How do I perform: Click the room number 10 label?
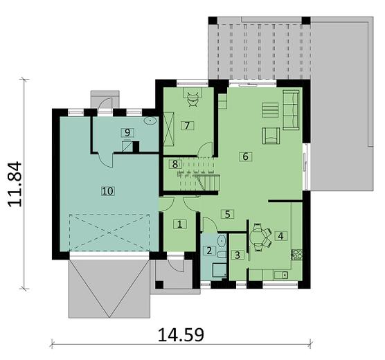coord(107,190)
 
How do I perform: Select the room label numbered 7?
coord(186,125)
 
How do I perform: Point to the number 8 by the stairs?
coord(175,164)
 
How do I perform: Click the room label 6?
coord(245,156)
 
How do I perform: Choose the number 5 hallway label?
coord(226,214)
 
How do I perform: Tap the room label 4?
coord(280,235)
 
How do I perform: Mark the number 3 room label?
coord(238,255)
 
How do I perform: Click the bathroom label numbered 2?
coord(208,251)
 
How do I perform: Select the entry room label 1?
coord(179,224)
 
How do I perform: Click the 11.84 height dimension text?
coord(19,184)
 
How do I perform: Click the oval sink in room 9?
coord(150,120)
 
